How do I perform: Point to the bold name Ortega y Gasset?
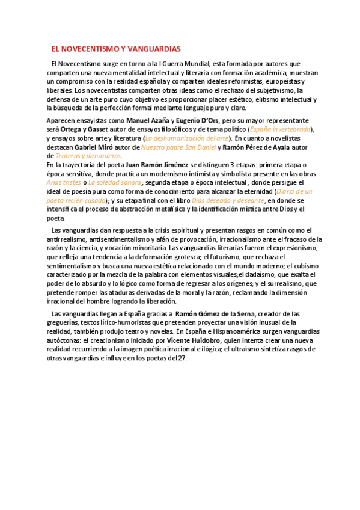coord(88,129)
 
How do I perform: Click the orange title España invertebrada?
coord(281,129)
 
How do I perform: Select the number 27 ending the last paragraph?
coord(182,358)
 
